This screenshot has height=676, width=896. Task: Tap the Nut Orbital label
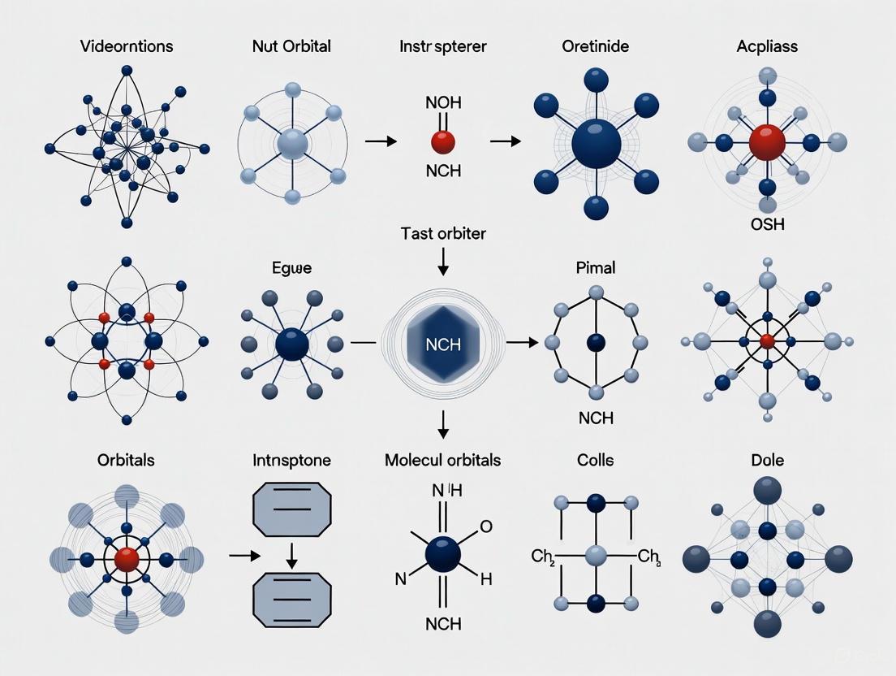pos(292,46)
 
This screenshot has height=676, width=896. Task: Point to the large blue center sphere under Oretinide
pos(596,145)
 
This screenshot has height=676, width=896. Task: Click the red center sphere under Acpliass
pos(767,143)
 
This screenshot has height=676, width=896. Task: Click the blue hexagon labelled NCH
pos(443,344)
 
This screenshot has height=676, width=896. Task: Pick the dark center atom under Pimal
pos(597,341)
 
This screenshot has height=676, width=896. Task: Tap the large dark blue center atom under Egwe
pos(292,344)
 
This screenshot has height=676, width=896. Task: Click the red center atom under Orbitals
pos(127,560)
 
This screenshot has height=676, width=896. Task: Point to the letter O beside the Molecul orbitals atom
pos(486,526)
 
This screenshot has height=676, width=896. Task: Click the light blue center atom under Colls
pos(597,555)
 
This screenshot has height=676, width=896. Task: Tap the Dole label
pos(767,460)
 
